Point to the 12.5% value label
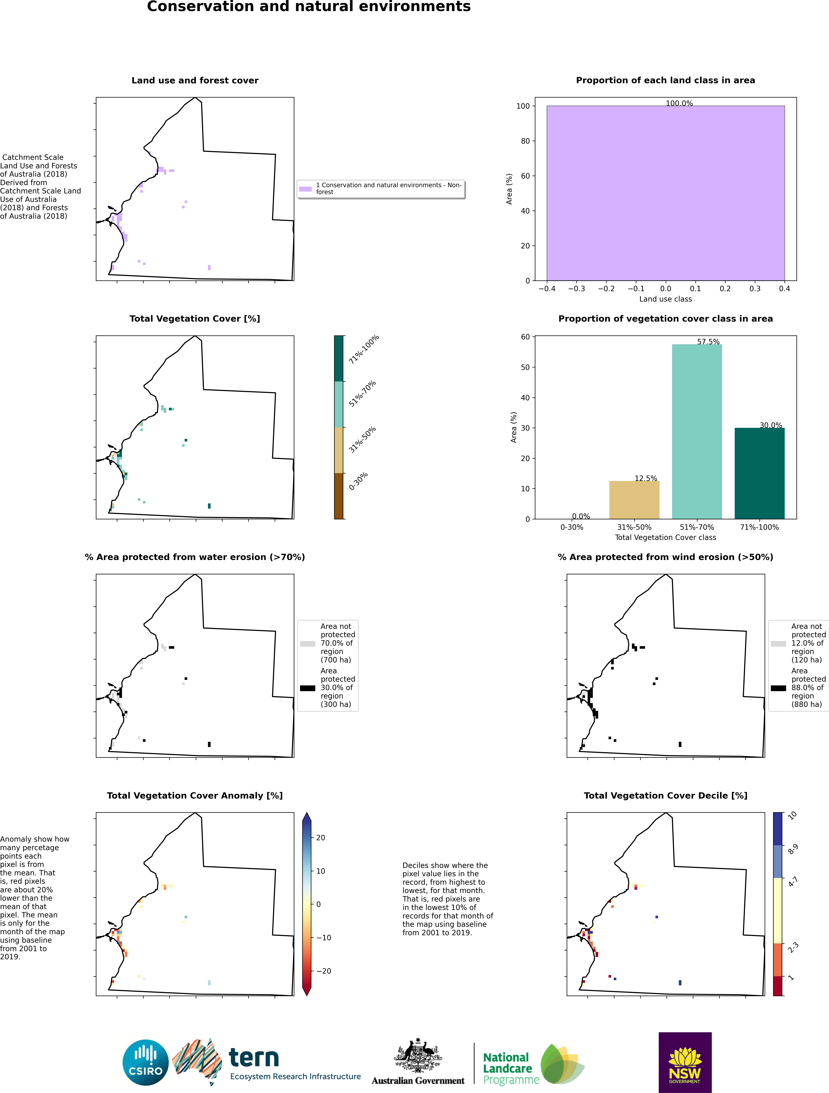646,478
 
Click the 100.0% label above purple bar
679,103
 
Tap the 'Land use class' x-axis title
665,299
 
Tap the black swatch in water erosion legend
307,688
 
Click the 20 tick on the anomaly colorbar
320,837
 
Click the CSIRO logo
145,1062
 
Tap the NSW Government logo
685,1062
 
